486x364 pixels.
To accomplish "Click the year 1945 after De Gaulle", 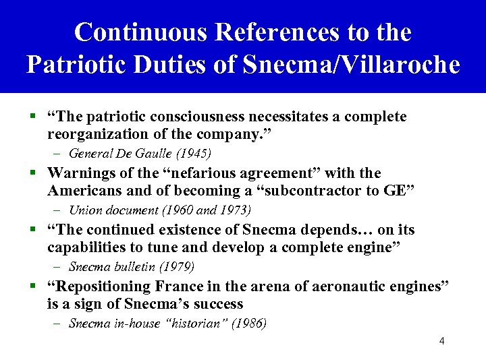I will pos(196,153).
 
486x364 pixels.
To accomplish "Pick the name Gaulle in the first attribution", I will pos(156,153).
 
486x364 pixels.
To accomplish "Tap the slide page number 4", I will pos(441,341).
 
